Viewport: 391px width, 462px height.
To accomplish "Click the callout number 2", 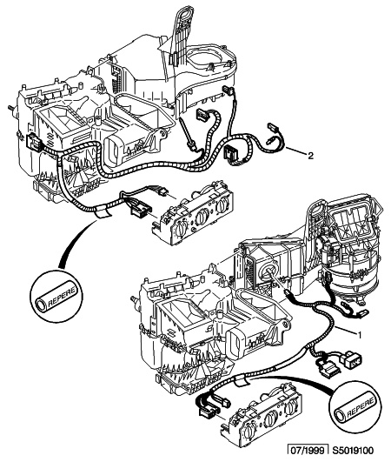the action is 310,155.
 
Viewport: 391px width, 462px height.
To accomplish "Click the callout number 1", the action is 359,334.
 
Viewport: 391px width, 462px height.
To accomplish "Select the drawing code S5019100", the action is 353,451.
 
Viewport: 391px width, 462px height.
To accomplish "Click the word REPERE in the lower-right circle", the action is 361,407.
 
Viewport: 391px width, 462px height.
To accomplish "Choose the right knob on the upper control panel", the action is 222,206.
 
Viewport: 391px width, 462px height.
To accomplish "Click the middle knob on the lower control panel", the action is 271,418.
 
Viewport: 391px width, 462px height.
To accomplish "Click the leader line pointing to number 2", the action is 295,151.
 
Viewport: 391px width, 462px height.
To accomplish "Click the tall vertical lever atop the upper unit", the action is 180,32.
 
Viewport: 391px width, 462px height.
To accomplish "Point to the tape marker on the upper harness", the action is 102,211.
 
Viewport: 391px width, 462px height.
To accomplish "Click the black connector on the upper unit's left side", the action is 34,142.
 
